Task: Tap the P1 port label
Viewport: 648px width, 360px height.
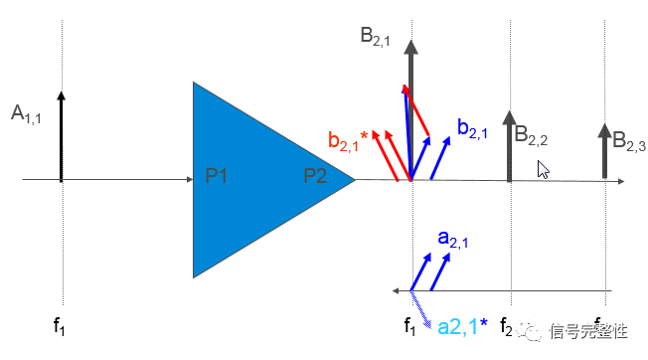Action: click(217, 176)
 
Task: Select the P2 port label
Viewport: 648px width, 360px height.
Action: click(316, 176)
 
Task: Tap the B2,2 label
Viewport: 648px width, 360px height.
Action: click(531, 136)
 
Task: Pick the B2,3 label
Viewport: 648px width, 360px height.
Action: click(628, 142)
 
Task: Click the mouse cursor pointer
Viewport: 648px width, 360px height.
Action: click(543, 169)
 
